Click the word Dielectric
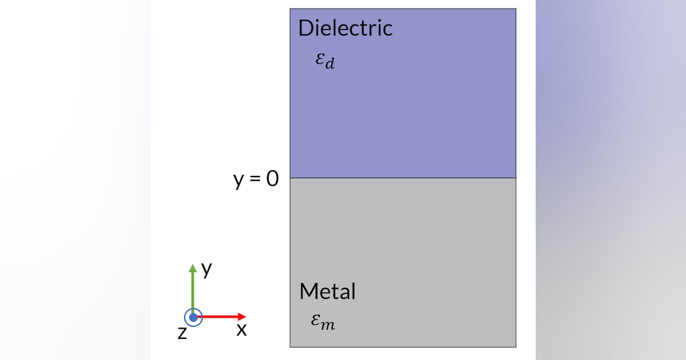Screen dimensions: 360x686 tap(345, 28)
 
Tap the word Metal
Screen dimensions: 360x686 tap(328, 291)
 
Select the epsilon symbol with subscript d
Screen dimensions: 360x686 tap(325, 59)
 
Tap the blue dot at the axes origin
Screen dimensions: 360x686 tap(193, 317)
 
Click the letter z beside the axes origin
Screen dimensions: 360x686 tap(182, 332)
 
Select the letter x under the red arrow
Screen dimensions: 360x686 tap(242, 330)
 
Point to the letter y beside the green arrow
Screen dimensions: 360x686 tap(207, 269)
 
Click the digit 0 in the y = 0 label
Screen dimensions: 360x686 tap(273, 179)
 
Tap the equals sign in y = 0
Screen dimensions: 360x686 tap(256, 179)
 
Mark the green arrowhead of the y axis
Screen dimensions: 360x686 tap(193, 267)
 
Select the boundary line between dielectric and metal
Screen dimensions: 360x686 tap(402, 178)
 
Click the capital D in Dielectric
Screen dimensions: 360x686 tap(305, 28)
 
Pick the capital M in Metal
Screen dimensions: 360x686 tap(309, 291)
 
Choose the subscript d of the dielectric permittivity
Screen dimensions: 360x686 tap(329, 63)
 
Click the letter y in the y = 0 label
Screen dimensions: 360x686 tap(239, 181)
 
